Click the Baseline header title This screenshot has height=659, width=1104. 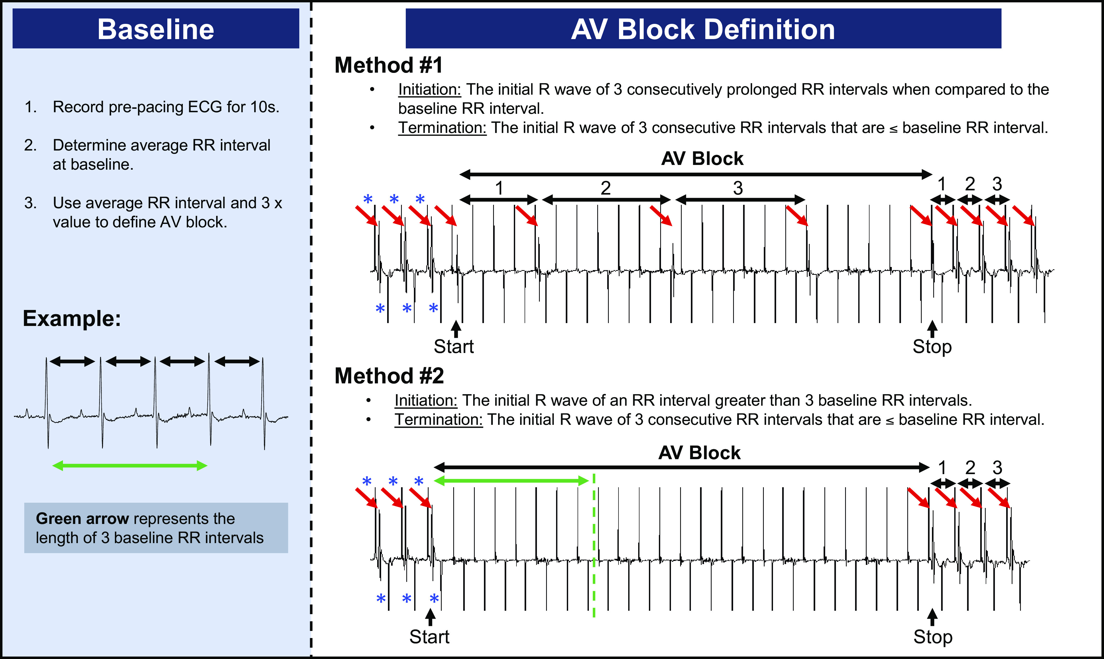[x=156, y=29]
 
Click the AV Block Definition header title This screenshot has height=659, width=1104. [x=703, y=29]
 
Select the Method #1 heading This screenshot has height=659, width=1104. [x=388, y=65]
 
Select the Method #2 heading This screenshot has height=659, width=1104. [x=389, y=376]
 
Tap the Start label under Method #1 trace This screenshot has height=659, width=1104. [x=454, y=346]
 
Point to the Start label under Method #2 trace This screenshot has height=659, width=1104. [x=429, y=636]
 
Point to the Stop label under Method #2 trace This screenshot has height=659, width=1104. [x=932, y=636]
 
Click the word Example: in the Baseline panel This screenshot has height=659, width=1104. [x=72, y=318]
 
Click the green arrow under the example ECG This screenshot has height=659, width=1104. [x=130, y=465]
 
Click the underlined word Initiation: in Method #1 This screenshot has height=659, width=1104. [x=429, y=90]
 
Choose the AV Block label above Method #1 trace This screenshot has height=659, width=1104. [x=702, y=159]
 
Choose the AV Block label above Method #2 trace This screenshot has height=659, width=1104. [x=700, y=453]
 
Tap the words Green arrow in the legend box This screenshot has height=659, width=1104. [x=82, y=518]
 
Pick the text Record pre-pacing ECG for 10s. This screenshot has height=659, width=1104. [x=166, y=107]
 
